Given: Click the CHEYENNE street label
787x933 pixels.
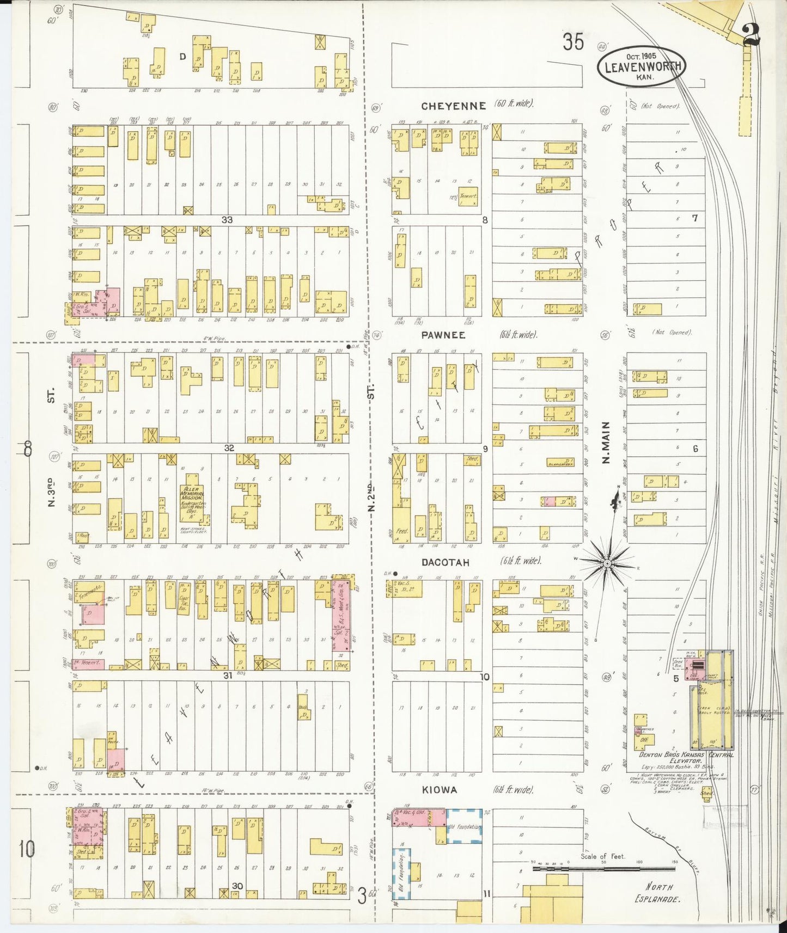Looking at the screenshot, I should [453, 106].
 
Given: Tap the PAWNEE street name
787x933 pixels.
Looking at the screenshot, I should [442, 335].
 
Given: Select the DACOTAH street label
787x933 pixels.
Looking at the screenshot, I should [445, 562].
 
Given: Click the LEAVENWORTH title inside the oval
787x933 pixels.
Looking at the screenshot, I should [642, 67].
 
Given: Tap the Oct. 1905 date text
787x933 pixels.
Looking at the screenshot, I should [641, 56].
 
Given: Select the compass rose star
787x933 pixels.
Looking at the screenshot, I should [607, 562].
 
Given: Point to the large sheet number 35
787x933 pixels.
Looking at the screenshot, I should [573, 42].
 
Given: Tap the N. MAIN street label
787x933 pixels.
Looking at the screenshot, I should [606, 443].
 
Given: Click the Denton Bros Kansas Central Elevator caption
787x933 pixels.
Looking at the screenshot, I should [686, 758].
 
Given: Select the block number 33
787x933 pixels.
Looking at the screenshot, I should [227, 219].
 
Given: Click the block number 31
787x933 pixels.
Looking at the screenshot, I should [228, 676].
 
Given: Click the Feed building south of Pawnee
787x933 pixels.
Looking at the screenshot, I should [401, 530].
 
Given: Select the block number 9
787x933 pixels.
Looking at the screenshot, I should [485, 449].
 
